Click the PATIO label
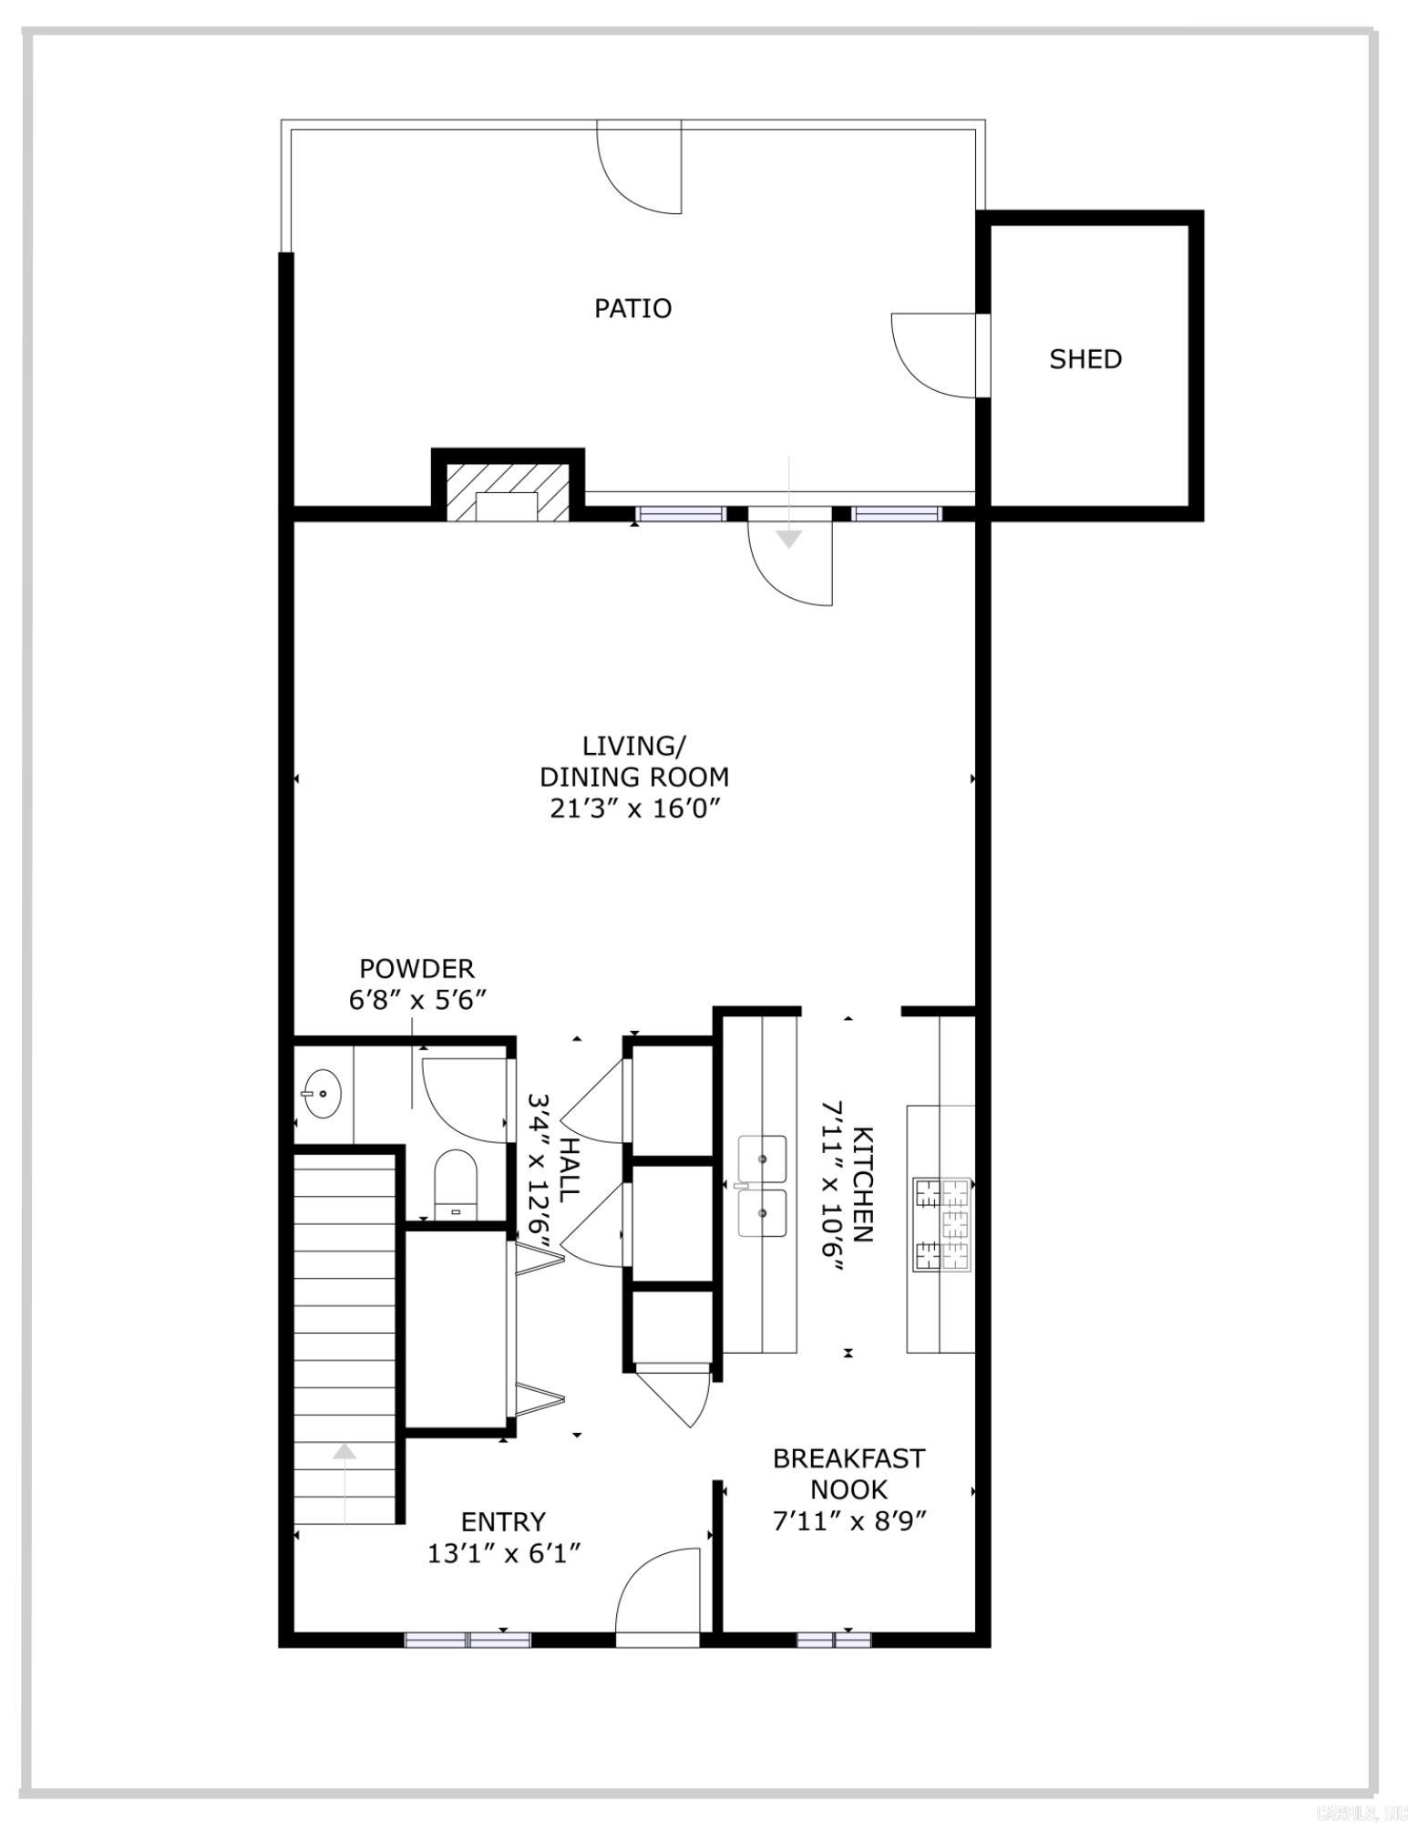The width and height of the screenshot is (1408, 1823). [x=632, y=308]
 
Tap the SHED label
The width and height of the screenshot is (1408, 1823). [x=1084, y=359]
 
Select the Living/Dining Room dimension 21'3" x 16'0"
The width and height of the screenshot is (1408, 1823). [x=635, y=809]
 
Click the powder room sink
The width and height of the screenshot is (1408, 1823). [x=322, y=1094]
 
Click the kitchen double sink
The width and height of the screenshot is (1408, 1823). [x=762, y=1186]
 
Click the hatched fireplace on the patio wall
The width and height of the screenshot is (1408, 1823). [x=508, y=494]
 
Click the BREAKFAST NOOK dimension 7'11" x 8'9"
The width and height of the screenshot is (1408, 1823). [x=848, y=1521]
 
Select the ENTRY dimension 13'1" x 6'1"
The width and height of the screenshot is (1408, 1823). [x=503, y=1553]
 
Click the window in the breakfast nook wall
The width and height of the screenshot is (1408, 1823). [x=834, y=1640]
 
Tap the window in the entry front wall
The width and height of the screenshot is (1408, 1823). [x=468, y=1640]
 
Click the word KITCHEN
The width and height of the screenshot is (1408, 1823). [x=862, y=1184]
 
